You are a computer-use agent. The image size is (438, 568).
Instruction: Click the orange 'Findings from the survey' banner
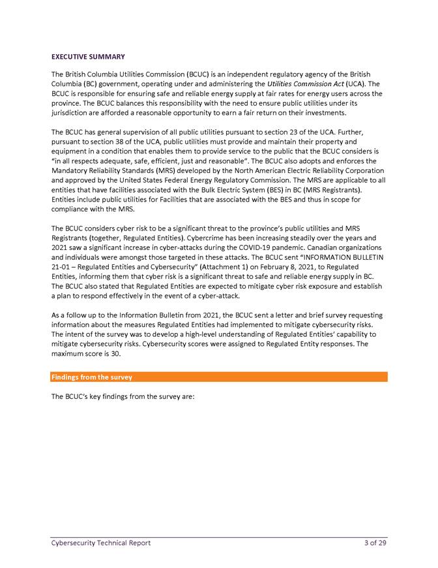coord(218,377)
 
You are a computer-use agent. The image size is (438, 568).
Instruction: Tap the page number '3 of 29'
coord(375,543)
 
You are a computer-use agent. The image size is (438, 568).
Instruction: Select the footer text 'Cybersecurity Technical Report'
coord(101,543)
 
